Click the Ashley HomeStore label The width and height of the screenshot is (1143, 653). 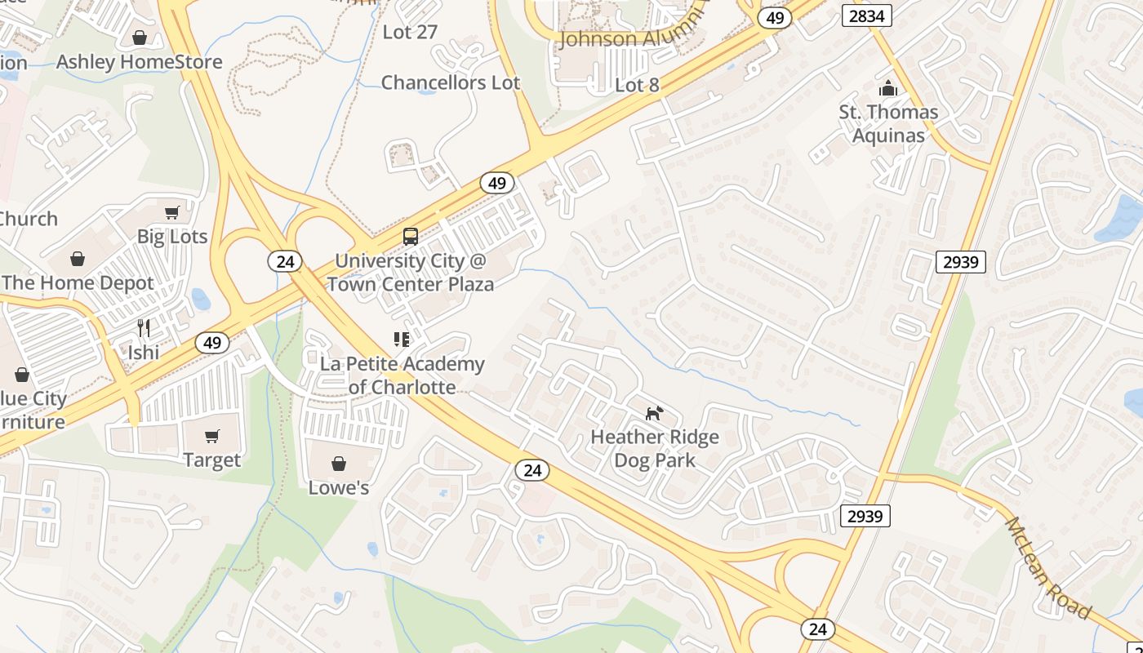(x=139, y=62)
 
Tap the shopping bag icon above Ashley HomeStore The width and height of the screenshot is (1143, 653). (x=140, y=38)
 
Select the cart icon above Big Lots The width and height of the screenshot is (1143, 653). (x=172, y=213)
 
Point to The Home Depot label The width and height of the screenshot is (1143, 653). (x=78, y=283)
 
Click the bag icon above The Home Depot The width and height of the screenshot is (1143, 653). (x=78, y=259)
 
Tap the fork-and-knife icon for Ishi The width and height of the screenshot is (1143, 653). (x=144, y=328)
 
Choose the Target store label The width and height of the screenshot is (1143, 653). (x=212, y=460)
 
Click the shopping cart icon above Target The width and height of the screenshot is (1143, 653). (x=212, y=437)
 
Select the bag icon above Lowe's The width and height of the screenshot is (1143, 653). (x=339, y=464)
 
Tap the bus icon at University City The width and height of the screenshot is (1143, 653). (x=411, y=237)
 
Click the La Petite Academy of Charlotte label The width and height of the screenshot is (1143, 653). (x=402, y=375)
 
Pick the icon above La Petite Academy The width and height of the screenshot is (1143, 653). (x=402, y=339)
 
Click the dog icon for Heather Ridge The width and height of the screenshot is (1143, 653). (x=655, y=413)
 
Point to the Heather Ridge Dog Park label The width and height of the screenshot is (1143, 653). (x=655, y=448)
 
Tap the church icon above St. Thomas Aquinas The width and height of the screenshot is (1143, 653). (x=888, y=88)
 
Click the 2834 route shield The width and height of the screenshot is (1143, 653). (x=867, y=16)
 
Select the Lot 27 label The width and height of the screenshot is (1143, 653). (x=411, y=33)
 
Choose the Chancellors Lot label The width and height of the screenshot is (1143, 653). (x=451, y=83)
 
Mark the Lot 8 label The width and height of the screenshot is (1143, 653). (x=637, y=86)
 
